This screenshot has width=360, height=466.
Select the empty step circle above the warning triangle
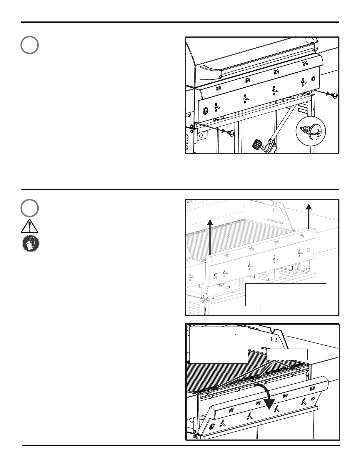pos(29,208)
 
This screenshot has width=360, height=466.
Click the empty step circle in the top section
pos(29,45)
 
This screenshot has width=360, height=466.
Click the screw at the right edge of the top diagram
pos(334,95)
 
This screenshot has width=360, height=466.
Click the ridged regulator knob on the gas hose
pos(257,144)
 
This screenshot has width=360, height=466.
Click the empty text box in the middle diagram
pos(286,295)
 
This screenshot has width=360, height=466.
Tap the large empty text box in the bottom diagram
pos(218,345)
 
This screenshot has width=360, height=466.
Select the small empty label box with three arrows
pos(287,354)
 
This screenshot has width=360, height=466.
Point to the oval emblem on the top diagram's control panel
pos(206,110)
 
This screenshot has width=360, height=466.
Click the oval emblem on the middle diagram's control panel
pos(215,276)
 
